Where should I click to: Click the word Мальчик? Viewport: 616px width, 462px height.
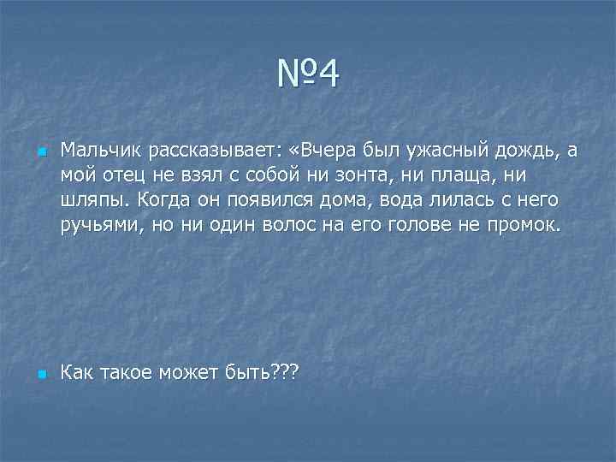(x=100, y=151)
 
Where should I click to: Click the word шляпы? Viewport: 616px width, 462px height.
(x=93, y=200)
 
